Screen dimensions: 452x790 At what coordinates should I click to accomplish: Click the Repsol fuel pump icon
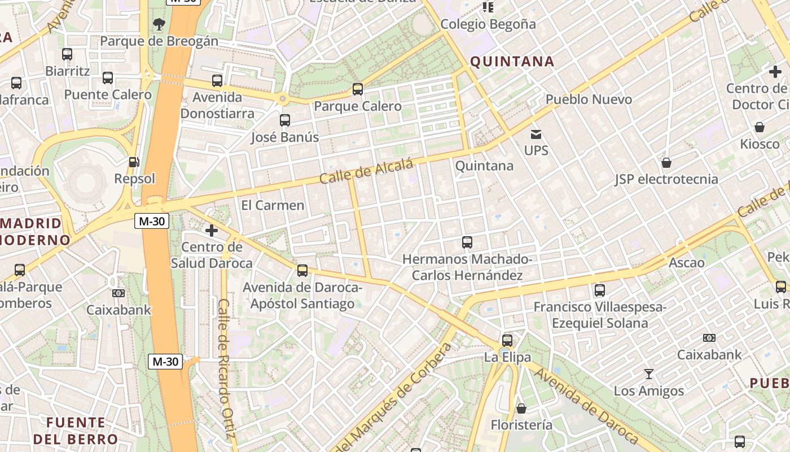(134, 162)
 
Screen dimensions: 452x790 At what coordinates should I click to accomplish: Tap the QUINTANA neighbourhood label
(512, 62)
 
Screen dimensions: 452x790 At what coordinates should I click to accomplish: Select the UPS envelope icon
(536, 134)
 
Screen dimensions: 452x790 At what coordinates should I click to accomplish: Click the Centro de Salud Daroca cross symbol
(212, 230)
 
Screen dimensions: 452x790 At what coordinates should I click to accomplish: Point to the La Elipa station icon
(507, 340)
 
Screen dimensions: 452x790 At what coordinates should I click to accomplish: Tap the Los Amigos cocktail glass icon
(649, 374)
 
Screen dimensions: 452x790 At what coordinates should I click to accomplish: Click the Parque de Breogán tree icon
(159, 24)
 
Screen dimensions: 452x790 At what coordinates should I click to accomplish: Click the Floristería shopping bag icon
(521, 408)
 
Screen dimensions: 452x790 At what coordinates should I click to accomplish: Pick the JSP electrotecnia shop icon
(666, 163)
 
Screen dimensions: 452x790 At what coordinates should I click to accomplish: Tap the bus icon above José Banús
(285, 120)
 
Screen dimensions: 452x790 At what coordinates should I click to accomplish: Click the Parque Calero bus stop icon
(357, 89)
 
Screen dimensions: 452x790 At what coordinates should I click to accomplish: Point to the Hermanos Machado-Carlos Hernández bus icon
(467, 242)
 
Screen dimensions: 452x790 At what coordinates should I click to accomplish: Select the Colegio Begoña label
(488, 24)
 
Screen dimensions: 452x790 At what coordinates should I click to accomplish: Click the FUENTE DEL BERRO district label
(76, 431)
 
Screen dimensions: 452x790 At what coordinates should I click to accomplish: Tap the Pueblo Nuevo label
(589, 99)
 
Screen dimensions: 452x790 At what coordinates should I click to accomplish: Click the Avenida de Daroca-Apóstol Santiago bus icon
(302, 270)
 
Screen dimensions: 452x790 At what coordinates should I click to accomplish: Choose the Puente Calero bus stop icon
(108, 78)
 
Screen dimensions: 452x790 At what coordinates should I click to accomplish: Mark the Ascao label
(686, 263)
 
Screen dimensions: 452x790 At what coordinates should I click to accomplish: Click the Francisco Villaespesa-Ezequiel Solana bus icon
(600, 290)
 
